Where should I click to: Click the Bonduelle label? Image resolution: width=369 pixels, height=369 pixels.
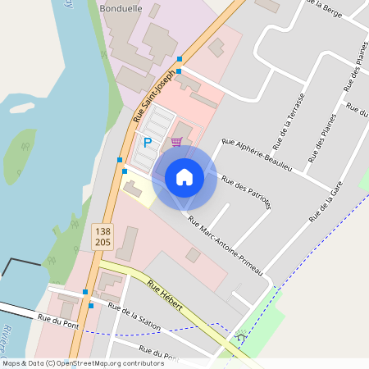pyautogui.click(x=120, y=7)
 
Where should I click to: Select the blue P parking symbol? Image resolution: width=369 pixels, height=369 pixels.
pyautogui.click(x=148, y=142)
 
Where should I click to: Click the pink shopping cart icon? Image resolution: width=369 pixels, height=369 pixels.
pyautogui.click(x=176, y=141)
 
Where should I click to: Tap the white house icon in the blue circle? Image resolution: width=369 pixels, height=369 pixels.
pyautogui.click(x=184, y=177)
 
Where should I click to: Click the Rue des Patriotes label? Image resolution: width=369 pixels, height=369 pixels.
pyautogui.click(x=246, y=192)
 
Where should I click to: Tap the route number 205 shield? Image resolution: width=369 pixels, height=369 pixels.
pyautogui.click(x=102, y=244)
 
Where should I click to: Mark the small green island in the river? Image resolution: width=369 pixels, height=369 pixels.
pyautogui.click(x=20, y=156)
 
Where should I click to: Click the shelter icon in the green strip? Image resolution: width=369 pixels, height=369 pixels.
pyautogui.click(x=240, y=335)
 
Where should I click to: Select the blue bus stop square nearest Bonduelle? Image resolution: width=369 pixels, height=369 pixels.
pyautogui.click(x=179, y=59)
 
